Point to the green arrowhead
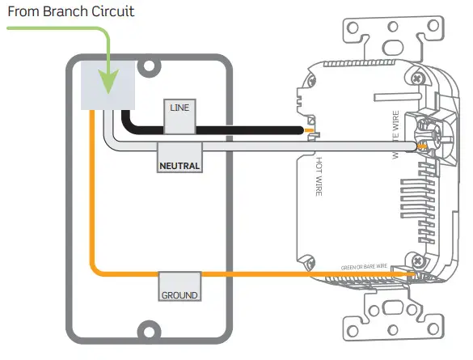(x=109, y=82)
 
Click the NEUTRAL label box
(x=179, y=165)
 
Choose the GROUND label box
(x=179, y=295)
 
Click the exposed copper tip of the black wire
(x=309, y=129)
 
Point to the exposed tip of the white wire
(x=419, y=147)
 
